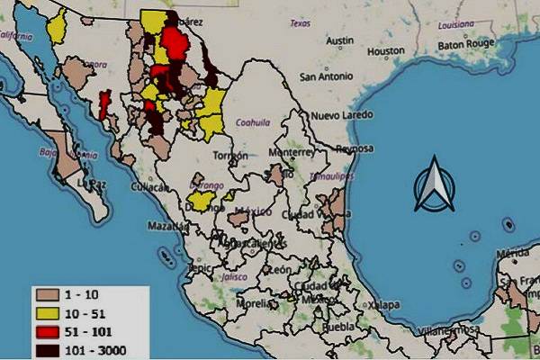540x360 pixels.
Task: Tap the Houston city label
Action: pyautogui.click(x=386, y=51)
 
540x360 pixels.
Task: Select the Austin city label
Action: pyautogui.click(x=339, y=40)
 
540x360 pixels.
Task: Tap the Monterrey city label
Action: pyautogui.click(x=288, y=153)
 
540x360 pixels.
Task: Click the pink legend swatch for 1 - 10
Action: pyautogui.click(x=48, y=292)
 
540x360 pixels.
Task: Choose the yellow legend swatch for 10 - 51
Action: pyautogui.click(x=48, y=310)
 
